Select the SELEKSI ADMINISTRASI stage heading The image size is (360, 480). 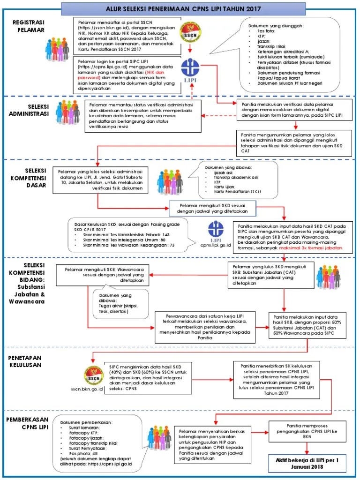[x=32, y=110]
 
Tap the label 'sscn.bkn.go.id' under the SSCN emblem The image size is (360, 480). [x=87, y=389]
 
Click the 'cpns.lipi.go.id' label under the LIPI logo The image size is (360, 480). [x=217, y=245]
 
